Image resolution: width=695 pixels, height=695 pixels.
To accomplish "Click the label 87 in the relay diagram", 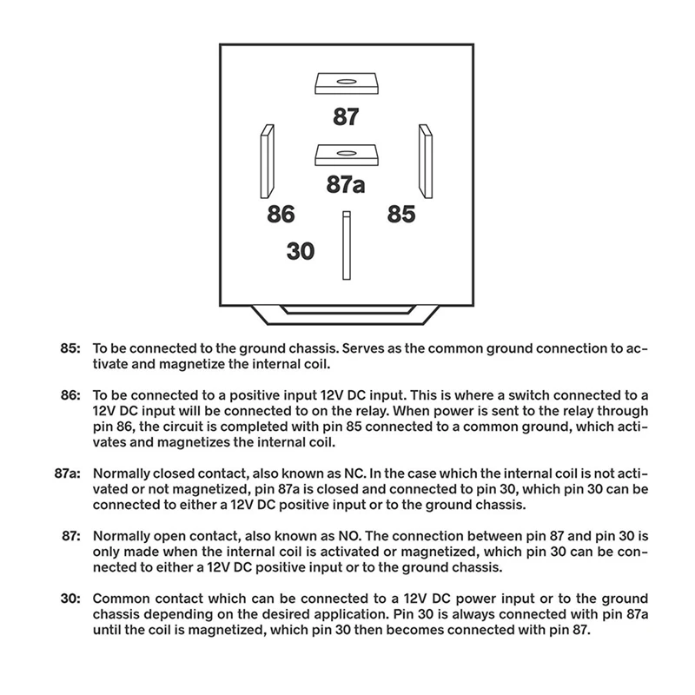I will pyautogui.click(x=346, y=117).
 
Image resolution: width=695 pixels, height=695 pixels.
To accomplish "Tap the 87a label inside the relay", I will pyautogui.click(x=345, y=185).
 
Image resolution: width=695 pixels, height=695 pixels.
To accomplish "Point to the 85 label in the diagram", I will pyautogui.click(x=400, y=214).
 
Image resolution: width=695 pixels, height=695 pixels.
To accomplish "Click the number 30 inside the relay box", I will pyautogui.click(x=300, y=251).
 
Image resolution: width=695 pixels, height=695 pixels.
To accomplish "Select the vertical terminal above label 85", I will pyautogui.click(x=426, y=161).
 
